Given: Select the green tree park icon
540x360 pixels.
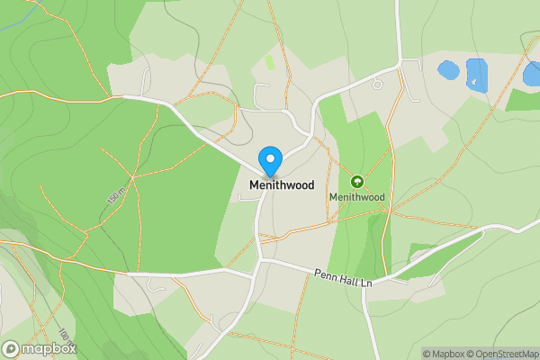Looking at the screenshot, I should pos(356,181).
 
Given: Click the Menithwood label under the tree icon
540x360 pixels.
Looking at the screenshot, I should pos(356,196).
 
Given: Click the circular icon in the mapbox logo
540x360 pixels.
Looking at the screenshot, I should pos(12,348).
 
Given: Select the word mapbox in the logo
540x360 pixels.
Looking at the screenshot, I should pos(49,348).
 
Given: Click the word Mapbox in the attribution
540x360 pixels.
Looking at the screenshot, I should pos(448,354).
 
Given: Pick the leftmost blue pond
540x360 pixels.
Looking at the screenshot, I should pos(446,69).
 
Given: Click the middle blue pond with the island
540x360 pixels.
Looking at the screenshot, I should pos(477,74).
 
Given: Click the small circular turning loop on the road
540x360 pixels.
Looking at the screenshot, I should pos(377,84).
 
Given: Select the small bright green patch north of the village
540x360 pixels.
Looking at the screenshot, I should pos(270,63).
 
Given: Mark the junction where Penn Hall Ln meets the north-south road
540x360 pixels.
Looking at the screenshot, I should pos(260,261).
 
